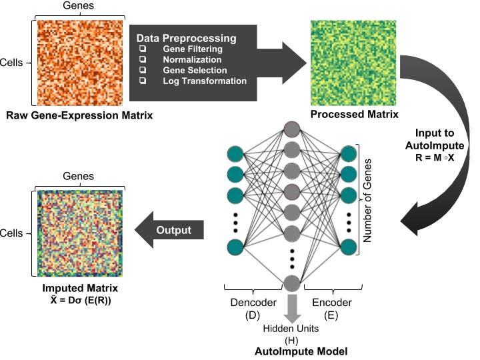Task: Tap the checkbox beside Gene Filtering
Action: click(x=142, y=49)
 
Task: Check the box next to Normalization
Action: click(x=142, y=60)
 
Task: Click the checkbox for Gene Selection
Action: click(x=142, y=71)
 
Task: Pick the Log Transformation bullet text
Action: click(x=204, y=81)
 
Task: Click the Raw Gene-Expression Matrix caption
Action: click(x=79, y=115)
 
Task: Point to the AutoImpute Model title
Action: click(x=291, y=349)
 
